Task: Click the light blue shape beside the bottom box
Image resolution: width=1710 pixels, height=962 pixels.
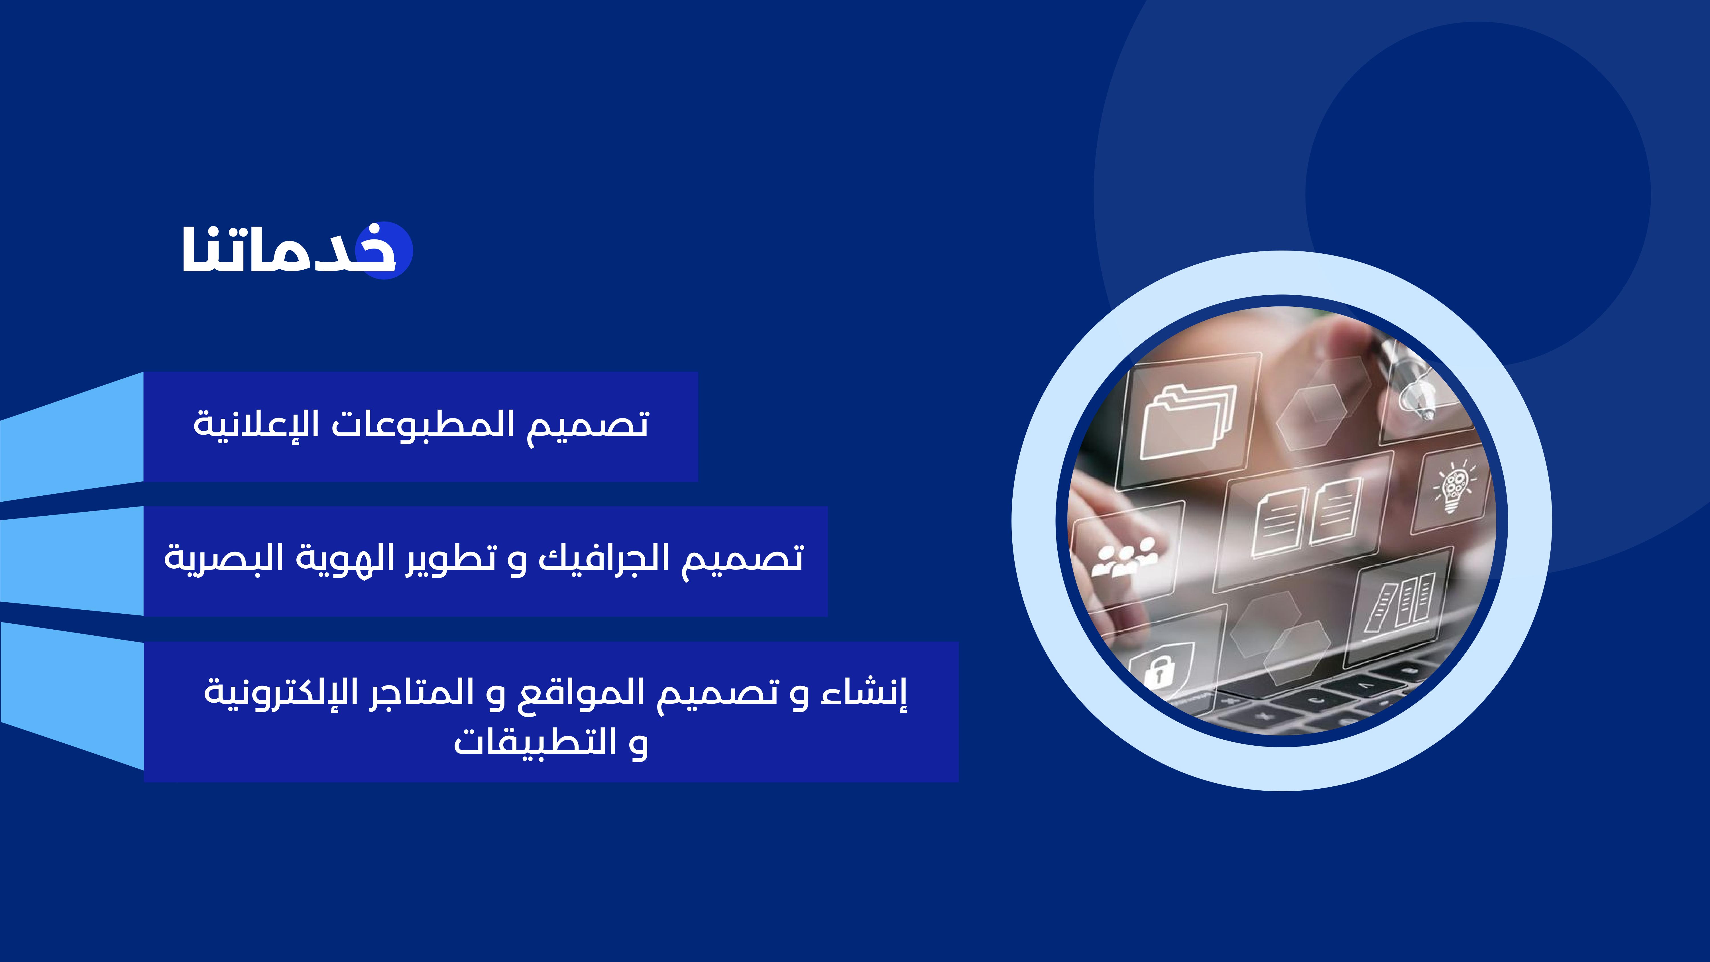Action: [72, 696]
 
